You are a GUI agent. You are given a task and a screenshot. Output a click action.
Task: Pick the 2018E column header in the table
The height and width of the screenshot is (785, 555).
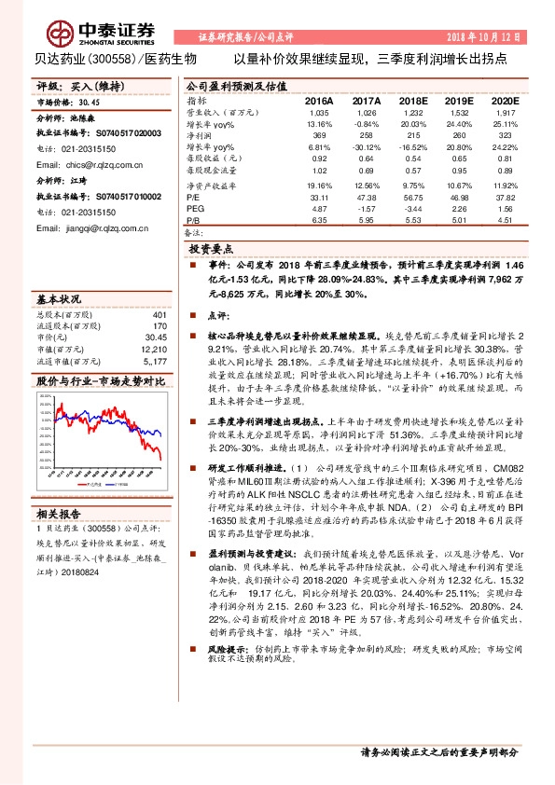point(413,99)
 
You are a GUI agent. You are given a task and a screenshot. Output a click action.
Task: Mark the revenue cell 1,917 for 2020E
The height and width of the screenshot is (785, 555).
point(505,111)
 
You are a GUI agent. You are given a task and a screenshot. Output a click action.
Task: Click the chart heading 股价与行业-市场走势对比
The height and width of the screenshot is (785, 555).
point(100,381)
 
